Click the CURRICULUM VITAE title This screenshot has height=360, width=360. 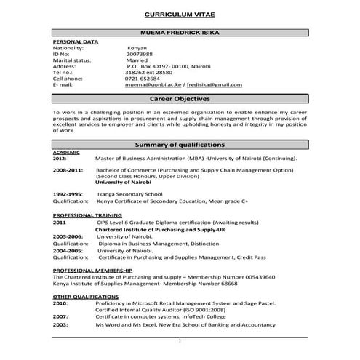(179, 14)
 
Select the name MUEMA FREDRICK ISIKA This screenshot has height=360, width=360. (179, 34)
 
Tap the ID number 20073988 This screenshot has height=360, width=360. (140, 53)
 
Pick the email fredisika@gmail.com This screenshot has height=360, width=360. (212, 85)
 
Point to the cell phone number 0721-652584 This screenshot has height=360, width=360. (141, 79)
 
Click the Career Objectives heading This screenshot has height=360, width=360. (180, 98)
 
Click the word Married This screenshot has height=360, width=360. (139, 60)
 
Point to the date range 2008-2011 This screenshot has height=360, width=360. (68, 169)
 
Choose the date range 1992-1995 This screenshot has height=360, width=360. (68, 195)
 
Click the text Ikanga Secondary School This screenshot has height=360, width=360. (124, 195)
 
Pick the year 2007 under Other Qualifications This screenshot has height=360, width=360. (60, 316)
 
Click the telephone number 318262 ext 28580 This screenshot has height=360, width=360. (148, 72)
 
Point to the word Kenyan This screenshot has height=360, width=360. (137, 47)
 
